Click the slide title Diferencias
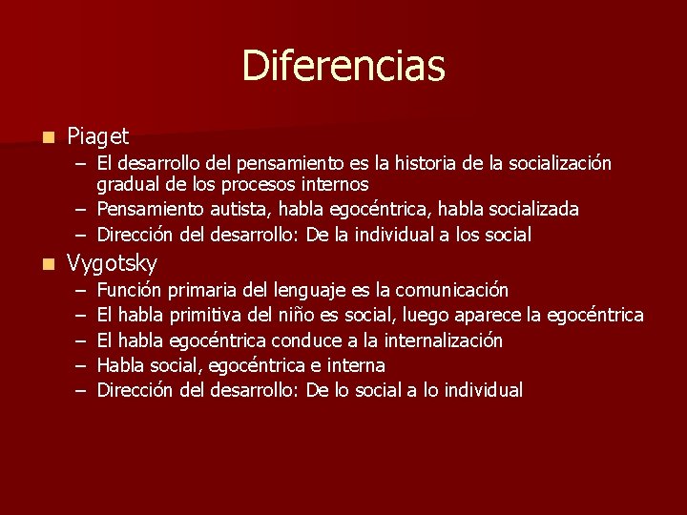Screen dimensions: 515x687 coord(343,66)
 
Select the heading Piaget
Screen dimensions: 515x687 coord(98,137)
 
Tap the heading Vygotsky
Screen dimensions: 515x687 coord(112,263)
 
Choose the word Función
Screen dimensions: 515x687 coord(130,290)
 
